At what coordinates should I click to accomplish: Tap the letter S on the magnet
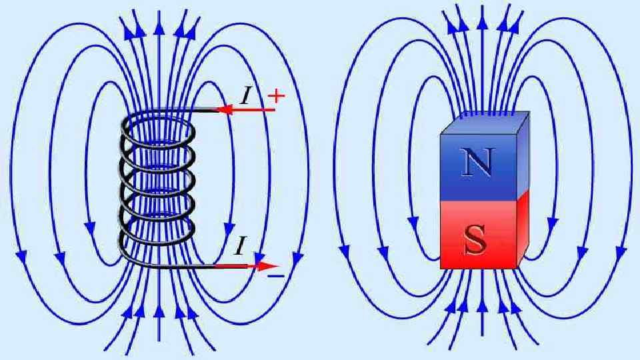pos(476,239)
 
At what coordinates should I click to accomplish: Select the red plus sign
pos(275,96)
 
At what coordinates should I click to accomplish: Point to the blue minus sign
pos(276,275)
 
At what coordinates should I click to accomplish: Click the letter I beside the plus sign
pos(248,95)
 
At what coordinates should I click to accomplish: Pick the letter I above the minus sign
pos(239,247)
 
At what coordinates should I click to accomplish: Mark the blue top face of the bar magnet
pos(485,123)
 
